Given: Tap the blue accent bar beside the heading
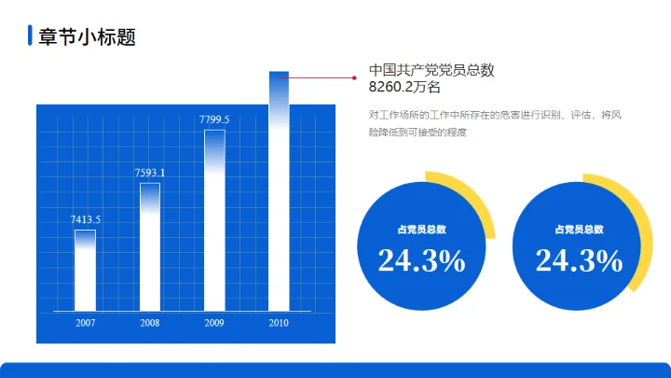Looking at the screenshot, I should [31, 36].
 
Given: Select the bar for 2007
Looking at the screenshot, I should [86, 270].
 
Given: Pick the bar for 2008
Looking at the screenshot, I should [150, 246].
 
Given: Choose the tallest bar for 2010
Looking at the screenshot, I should [279, 191].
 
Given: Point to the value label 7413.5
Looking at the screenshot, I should [86, 219].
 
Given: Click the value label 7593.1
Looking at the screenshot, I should [150, 173].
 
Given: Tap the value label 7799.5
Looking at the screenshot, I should [214, 119].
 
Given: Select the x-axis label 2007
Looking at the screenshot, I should [86, 323].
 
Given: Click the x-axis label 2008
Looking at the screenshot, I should [150, 323].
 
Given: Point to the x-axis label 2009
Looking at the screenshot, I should [214, 323].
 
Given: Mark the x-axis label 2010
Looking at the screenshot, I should [279, 323].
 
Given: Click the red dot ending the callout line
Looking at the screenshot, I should [354, 78].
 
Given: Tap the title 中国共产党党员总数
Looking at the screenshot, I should [431, 70].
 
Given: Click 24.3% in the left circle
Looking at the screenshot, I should [421, 261].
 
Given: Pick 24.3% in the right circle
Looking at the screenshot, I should [579, 261].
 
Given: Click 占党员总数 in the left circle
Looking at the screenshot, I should [421, 230].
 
